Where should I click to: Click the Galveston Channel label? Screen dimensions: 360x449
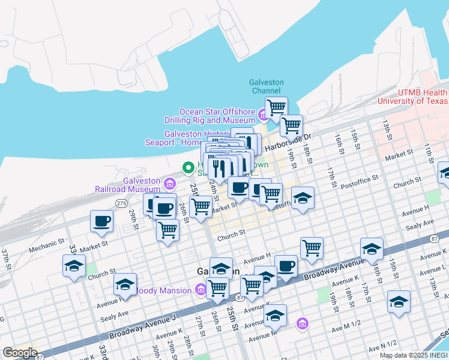(x=267, y=86)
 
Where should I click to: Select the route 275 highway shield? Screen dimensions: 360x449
(x=121, y=204)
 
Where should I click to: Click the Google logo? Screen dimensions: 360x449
(x=20, y=353)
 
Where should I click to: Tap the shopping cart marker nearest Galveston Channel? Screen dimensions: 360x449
(x=276, y=109)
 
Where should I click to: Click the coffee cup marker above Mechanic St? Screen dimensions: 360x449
(x=101, y=221)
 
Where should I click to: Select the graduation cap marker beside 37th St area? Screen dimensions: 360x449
(x=74, y=265)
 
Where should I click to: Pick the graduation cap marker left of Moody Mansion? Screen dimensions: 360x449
(x=125, y=284)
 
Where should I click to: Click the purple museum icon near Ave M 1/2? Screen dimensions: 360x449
(x=302, y=324)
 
